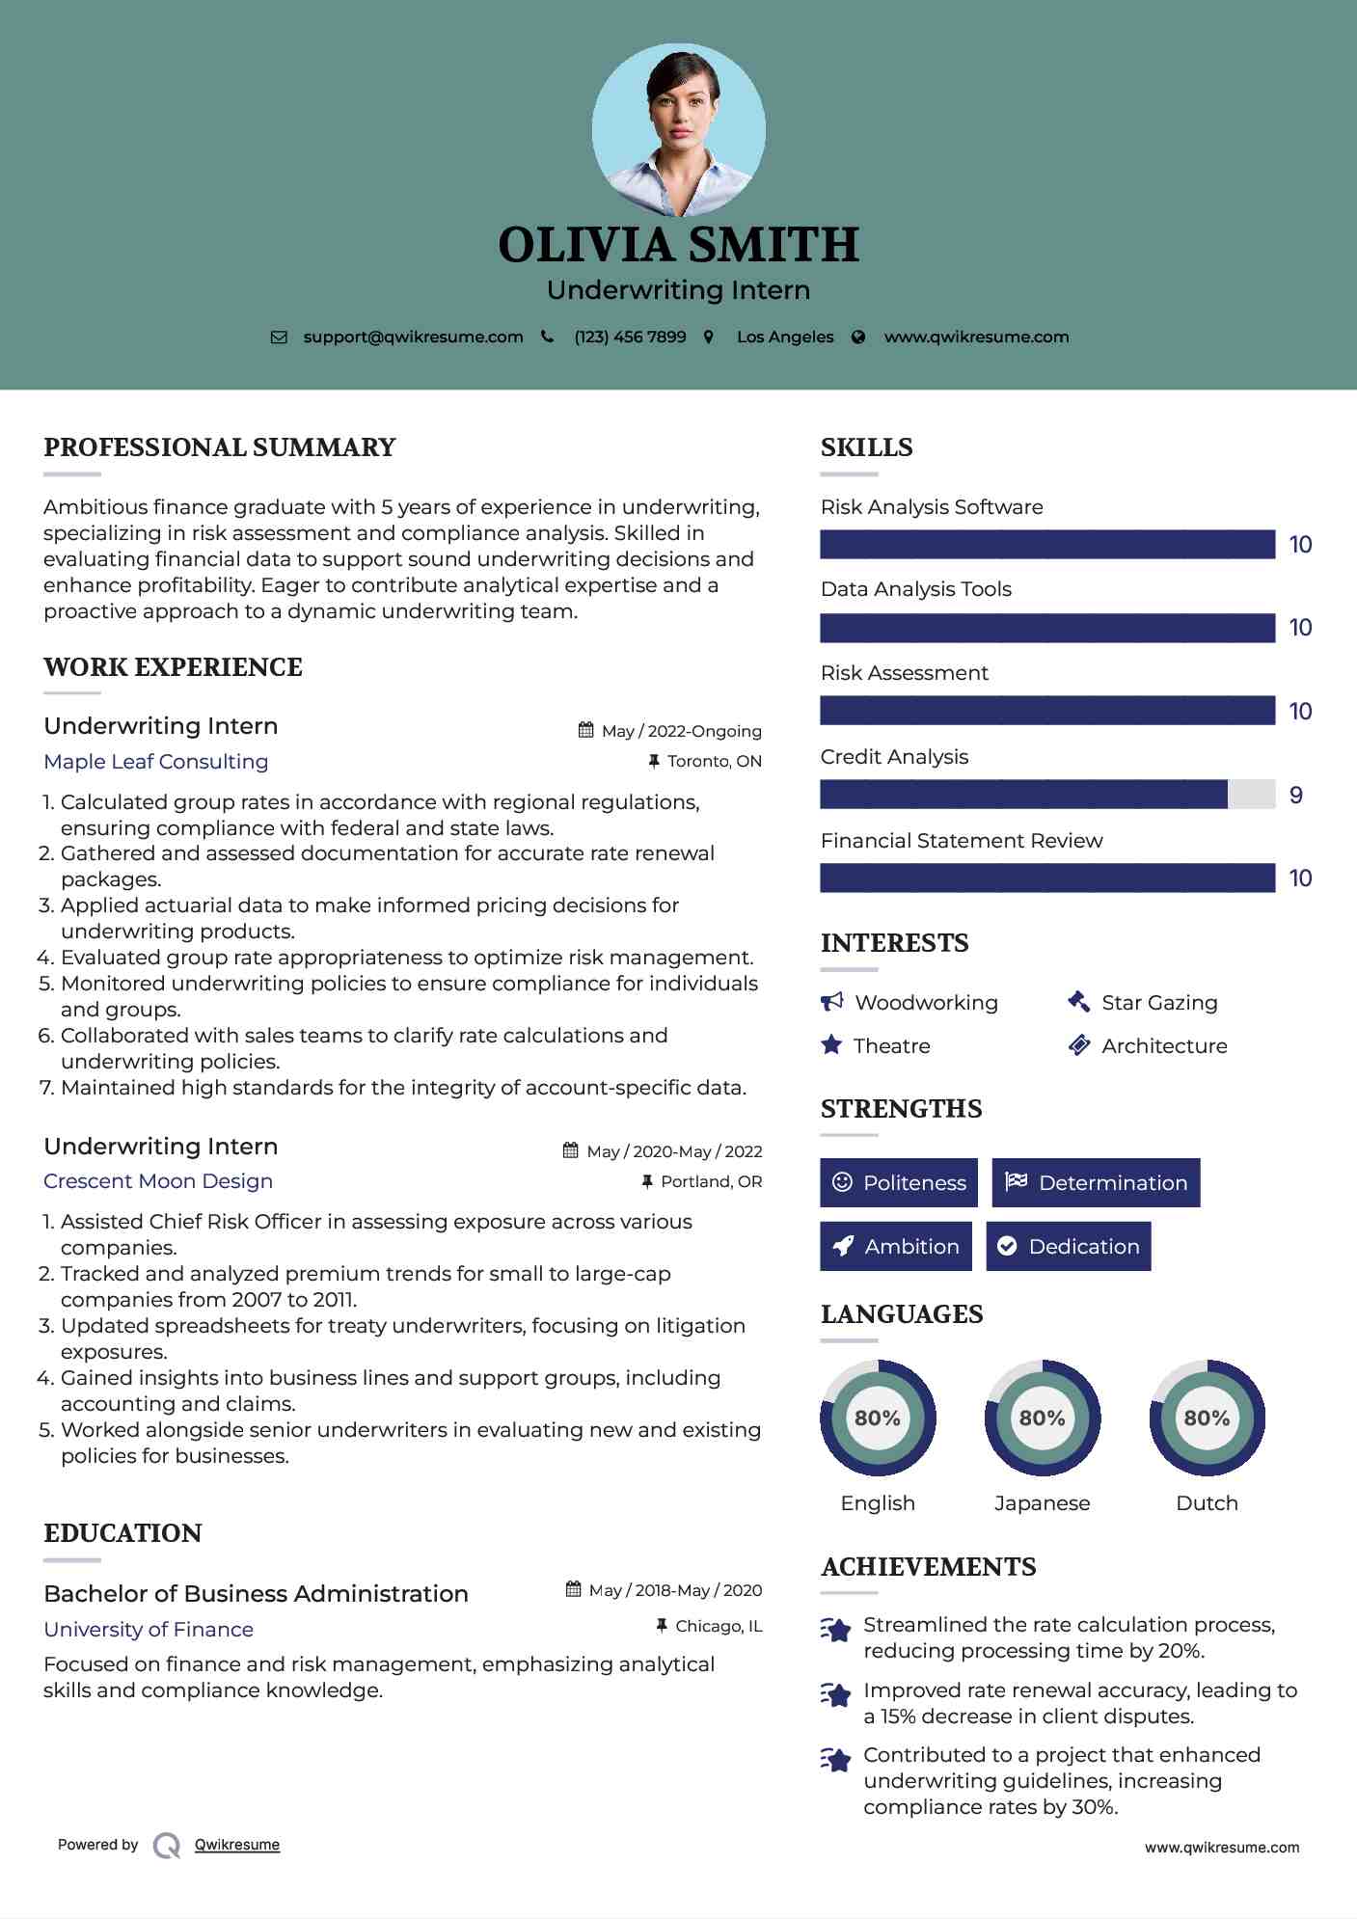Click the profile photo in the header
pos(678,129)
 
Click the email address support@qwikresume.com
pos(413,337)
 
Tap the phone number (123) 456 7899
pos(630,337)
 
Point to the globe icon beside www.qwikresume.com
pos(858,337)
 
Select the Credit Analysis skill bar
pos(1046,795)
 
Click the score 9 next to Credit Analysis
pos(1295,795)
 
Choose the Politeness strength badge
pos(898,1182)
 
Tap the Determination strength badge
pos(1096,1182)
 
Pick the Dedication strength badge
pos(1068,1246)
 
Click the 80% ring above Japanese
pos(1042,1418)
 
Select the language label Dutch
pos(1207,1502)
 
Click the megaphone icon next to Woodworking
pos(831,1002)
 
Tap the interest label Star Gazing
pos(1159,1003)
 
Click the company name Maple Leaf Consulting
pos(156,762)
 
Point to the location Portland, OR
pos(711,1181)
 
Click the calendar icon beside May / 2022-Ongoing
pos(585,730)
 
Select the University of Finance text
pos(149,1629)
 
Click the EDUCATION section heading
pos(122,1533)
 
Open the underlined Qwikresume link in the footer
pos(237,1845)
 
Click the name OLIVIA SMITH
pos(678,245)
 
